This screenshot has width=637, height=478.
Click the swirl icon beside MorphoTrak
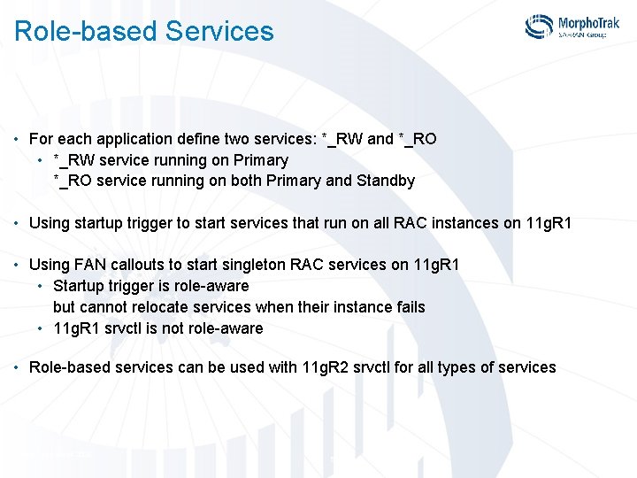[x=539, y=27]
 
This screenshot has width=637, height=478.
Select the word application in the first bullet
[x=132, y=139]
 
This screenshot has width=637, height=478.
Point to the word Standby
[x=385, y=181]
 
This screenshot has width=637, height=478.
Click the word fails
[x=408, y=307]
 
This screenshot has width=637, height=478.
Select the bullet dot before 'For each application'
[x=18, y=140]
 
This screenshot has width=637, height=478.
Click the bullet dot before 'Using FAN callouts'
[x=18, y=266]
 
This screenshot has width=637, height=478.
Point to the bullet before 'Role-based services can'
[x=18, y=368]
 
